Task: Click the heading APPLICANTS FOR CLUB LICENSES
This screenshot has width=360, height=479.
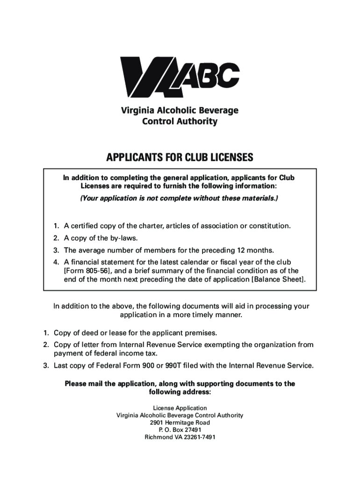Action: [x=180, y=157]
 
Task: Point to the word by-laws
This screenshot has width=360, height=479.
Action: [x=123, y=237]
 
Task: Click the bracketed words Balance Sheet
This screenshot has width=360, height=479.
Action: [x=279, y=280]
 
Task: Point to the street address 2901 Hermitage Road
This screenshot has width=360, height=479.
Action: [x=180, y=423]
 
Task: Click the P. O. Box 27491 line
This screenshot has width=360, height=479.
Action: [x=180, y=430]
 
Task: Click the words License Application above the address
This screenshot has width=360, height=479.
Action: [x=180, y=408]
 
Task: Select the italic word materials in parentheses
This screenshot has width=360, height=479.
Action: [x=259, y=198]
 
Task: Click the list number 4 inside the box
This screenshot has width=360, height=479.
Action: [x=54, y=262]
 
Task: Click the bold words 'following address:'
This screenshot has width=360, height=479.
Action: [x=180, y=392]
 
